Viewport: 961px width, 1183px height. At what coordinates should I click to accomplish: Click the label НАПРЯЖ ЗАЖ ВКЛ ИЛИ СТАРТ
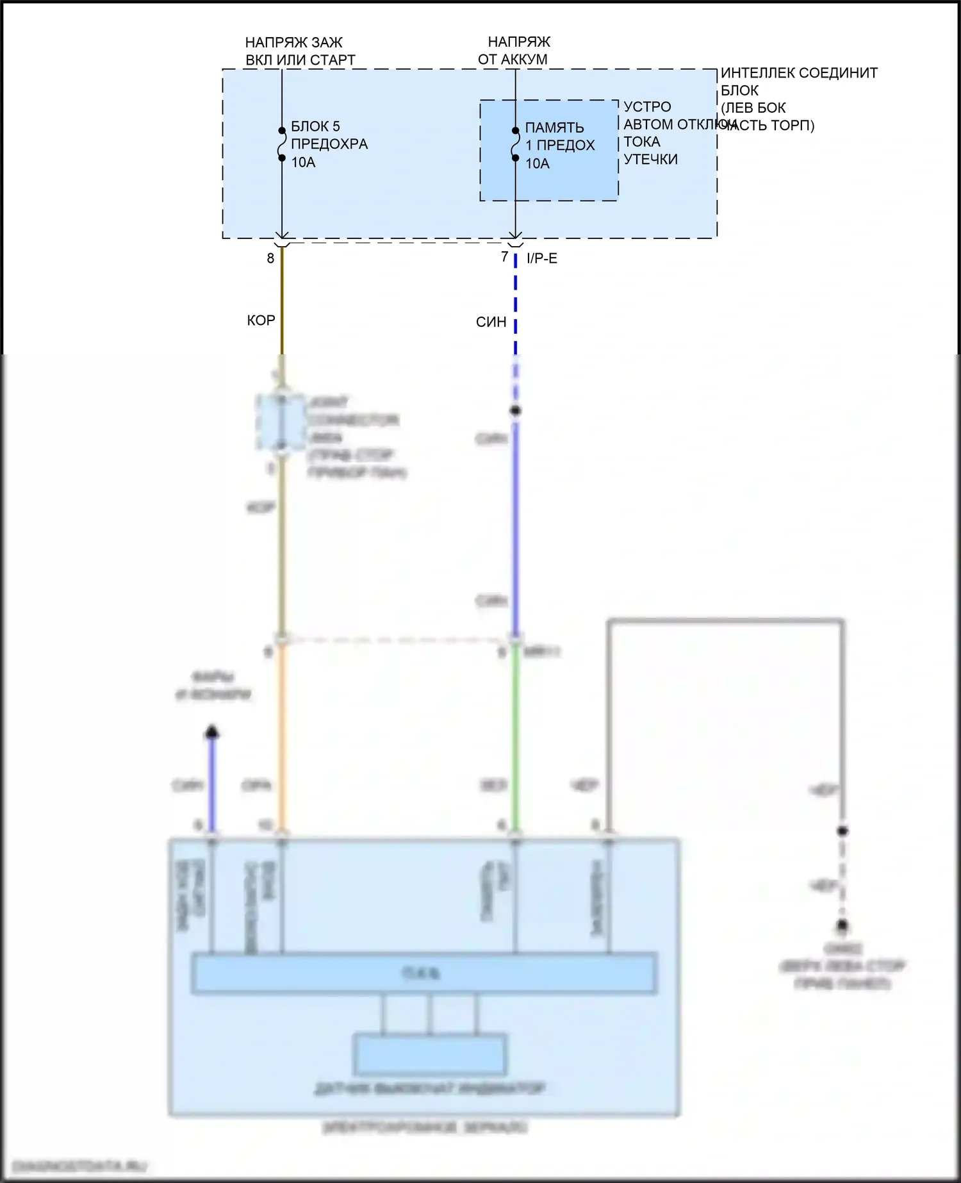[300, 51]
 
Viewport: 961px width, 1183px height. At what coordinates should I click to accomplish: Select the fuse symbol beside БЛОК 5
[282, 144]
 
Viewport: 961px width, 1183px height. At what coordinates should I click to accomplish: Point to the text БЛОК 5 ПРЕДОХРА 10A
[329, 144]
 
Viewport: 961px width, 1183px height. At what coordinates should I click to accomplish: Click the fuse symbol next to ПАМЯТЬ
[516, 144]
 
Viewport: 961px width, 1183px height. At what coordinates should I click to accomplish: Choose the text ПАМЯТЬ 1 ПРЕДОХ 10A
[559, 145]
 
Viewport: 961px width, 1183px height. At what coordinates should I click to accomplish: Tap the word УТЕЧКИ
[650, 160]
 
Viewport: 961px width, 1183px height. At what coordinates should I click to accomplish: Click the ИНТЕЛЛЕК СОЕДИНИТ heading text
[798, 73]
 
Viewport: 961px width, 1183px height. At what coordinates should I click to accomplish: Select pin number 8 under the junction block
[271, 258]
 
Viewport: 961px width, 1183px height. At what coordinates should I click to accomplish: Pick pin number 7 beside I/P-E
[505, 257]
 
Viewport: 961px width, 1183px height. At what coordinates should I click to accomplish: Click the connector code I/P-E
[541, 258]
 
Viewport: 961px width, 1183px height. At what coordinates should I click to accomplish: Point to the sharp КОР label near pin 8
[261, 320]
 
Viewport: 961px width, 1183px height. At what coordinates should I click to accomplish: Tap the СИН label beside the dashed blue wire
[491, 322]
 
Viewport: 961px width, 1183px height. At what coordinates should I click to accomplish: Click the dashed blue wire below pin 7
[516, 308]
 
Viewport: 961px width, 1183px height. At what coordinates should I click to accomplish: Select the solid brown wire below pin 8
[282, 301]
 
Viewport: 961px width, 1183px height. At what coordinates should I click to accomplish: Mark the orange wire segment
[282, 737]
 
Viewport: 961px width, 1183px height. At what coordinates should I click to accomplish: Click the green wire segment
[515, 737]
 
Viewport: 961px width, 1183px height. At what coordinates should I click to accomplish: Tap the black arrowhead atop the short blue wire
[211, 732]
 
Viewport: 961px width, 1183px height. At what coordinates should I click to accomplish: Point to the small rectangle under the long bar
[430, 1054]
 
